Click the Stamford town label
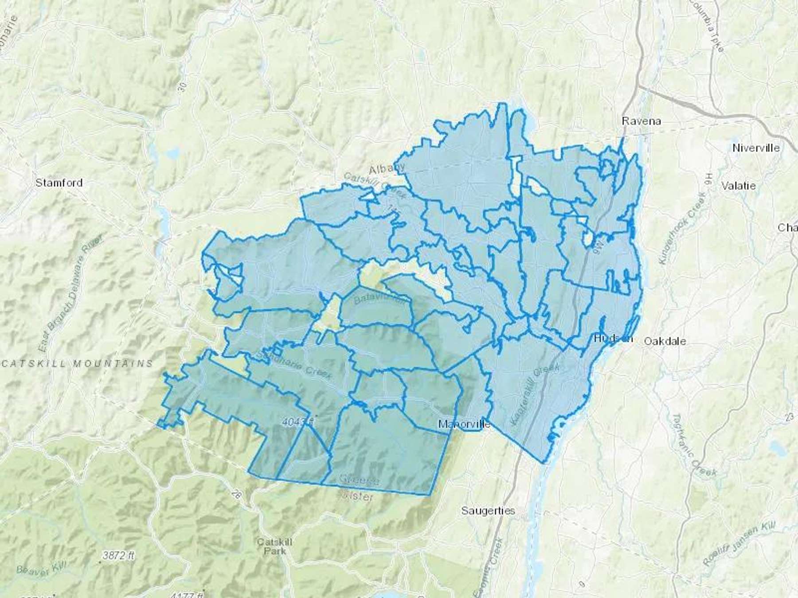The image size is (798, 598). point(59,183)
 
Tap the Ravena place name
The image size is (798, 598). point(641,121)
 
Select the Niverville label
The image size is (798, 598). point(756,148)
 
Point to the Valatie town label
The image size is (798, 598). point(738,186)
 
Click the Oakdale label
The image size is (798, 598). point(665,341)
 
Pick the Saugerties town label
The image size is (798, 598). point(488,511)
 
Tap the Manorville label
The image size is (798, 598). point(464,424)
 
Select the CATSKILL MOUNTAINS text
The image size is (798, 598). point(77,364)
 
